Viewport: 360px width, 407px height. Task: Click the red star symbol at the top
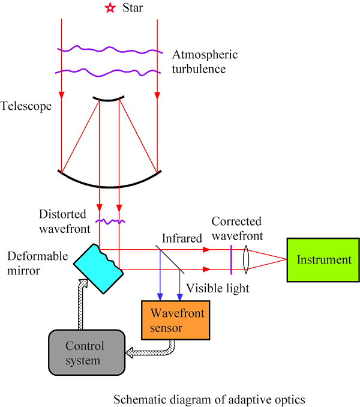pyautogui.click(x=109, y=8)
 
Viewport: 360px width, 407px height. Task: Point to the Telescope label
pyautogui.click(x=26, y=106)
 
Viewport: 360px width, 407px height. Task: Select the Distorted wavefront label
pyautogui.click(x=63, y=221)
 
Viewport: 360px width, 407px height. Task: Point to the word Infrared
pyautogui.click(x=183, y=239)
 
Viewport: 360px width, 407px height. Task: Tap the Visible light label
pyautogui.click(x=217, y=288)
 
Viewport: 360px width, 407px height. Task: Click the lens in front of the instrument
pyautogui.click(x=246, y=260)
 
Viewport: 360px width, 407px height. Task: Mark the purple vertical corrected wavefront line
pyautogui.click(x=231, y=260)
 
